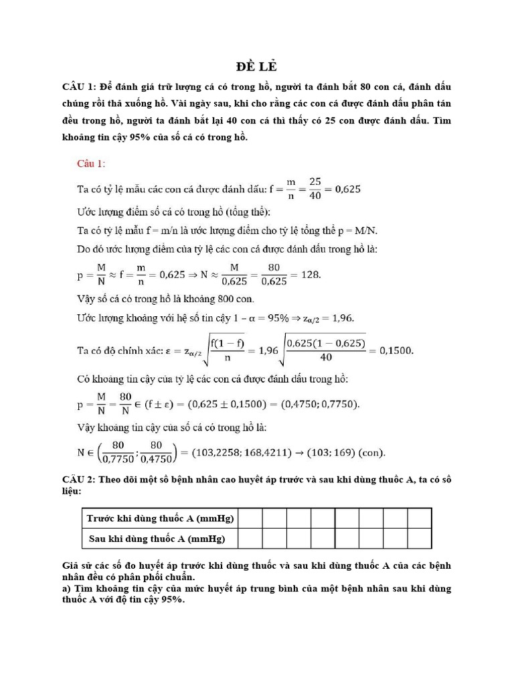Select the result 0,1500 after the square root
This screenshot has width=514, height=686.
click(x=397, y=350)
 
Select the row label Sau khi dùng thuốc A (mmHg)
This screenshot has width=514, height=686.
click(x=156, y=538)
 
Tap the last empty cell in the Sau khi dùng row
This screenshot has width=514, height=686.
click(x=419, y=538)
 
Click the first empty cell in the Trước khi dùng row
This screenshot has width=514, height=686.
click(x=250, y=518)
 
